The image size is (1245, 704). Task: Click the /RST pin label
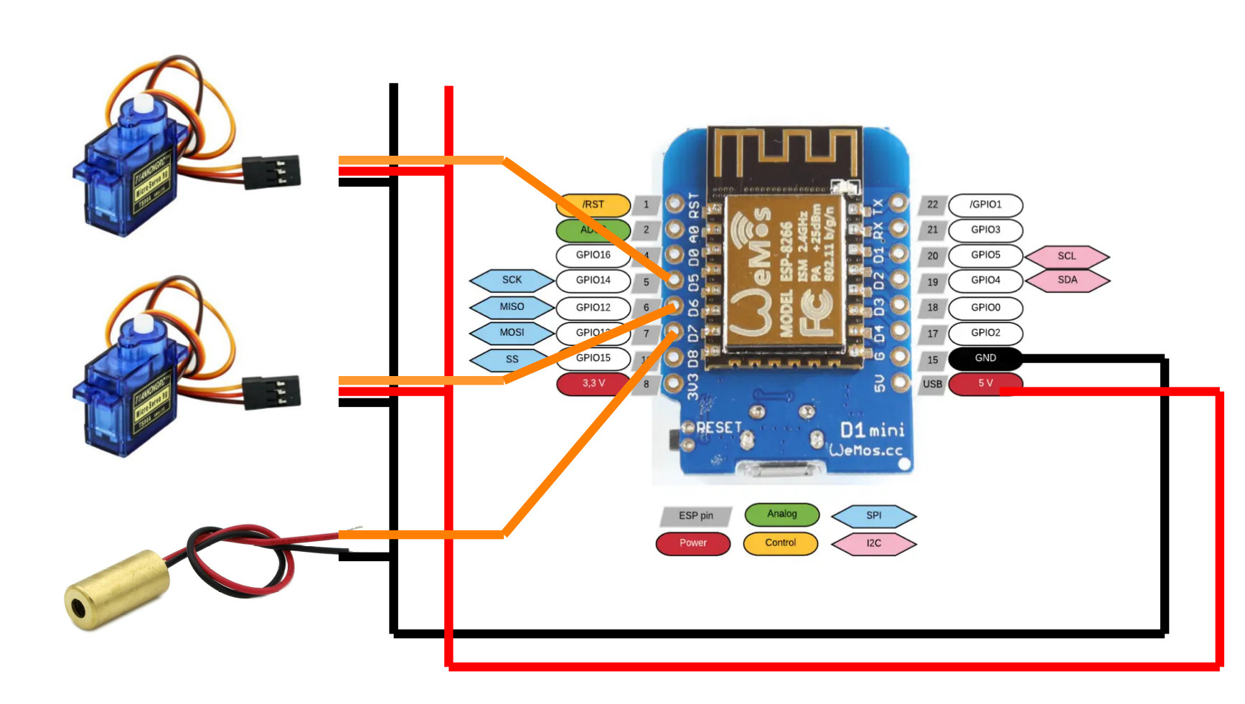(x=593, y=205)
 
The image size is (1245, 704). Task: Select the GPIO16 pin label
(x=593, y=255)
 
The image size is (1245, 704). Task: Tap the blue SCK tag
(x=512, y=280)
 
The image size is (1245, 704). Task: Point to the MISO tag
(x=512, y=306)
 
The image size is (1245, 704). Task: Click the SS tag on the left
(x=512, y=359)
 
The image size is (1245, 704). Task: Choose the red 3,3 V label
(x=593, y=383)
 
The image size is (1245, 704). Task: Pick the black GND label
(x=985, y=357)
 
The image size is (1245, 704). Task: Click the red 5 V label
(x=985, y=383)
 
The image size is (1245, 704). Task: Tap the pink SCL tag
(x=1067, y=255)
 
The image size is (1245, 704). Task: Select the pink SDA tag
(x=1067, y=280)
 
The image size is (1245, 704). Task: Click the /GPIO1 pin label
(x=985, y=205)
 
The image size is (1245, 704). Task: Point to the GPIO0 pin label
(x=985, y=307)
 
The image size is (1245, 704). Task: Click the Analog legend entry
(x=781, y=514)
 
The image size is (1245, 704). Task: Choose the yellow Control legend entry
(x=780, y=543)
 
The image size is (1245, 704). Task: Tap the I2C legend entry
(x=873, y=543)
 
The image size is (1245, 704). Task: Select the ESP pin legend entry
(x=695, y=515)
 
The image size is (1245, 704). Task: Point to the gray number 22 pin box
(x=932, y=205)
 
